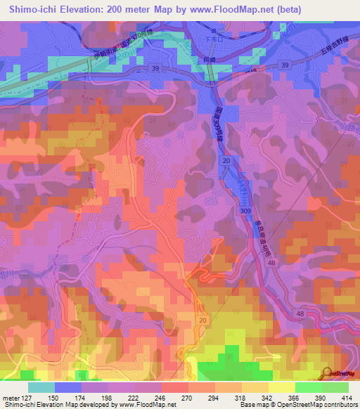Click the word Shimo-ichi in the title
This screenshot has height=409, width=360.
pos(32,10)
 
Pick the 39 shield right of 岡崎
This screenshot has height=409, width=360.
pos(284,65)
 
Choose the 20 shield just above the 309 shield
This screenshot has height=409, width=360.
pos(226,162)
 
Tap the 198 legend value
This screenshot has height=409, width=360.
pos(108,397)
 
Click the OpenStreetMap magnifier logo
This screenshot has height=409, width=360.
pos(328,373)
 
